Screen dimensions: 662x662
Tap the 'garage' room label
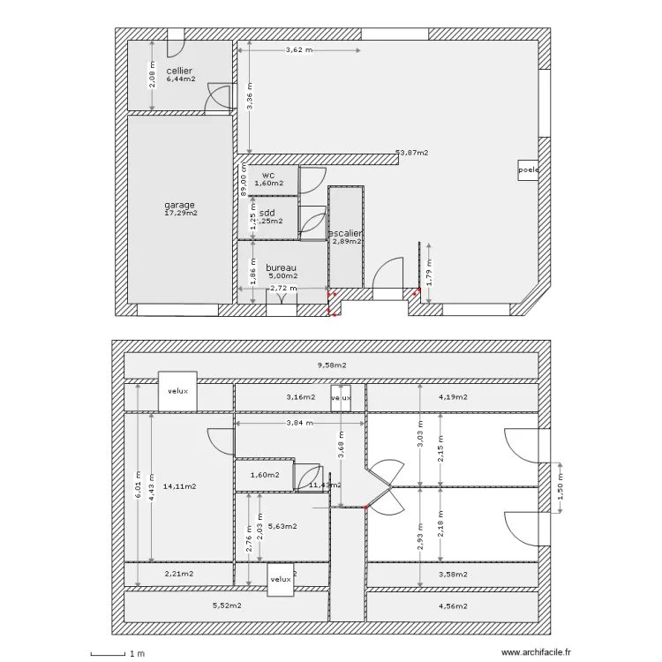click(179, 205)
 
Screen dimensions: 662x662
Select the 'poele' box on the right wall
click(528, 169)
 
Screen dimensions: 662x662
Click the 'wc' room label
click(268, 175)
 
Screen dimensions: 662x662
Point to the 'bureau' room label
click(280, 267)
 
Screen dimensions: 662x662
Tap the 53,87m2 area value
click(412, 153)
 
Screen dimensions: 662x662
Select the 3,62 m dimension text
click(298, 50)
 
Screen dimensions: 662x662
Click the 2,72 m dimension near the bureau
click(283, 288)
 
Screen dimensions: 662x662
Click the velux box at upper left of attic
click(178, 389)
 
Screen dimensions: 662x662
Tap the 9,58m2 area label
click(332, 365)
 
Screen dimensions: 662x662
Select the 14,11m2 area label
click(179, 486)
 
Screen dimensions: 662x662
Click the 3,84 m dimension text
click(299, 423)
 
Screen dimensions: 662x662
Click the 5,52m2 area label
click(227, 606)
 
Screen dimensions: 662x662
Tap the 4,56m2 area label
click(453, 606)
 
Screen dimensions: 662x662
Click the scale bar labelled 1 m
click(119, 653)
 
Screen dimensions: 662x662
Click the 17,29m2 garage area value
click(181, 213)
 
